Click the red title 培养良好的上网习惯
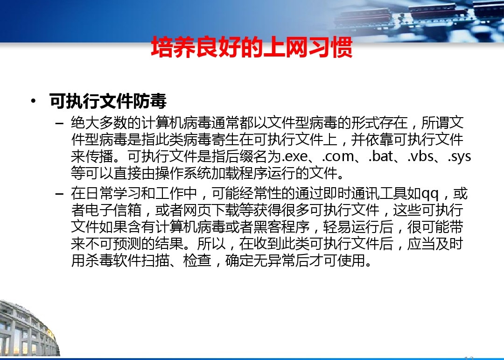[x=252, y=48]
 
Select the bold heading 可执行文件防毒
[x=108, y=101]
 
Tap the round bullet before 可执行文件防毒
[x=33, y=101]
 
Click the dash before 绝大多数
[x=59, y=123]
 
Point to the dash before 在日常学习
[x=59, y=194]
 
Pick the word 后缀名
[x=232, y=157]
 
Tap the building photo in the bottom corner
[x=29, y=328]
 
